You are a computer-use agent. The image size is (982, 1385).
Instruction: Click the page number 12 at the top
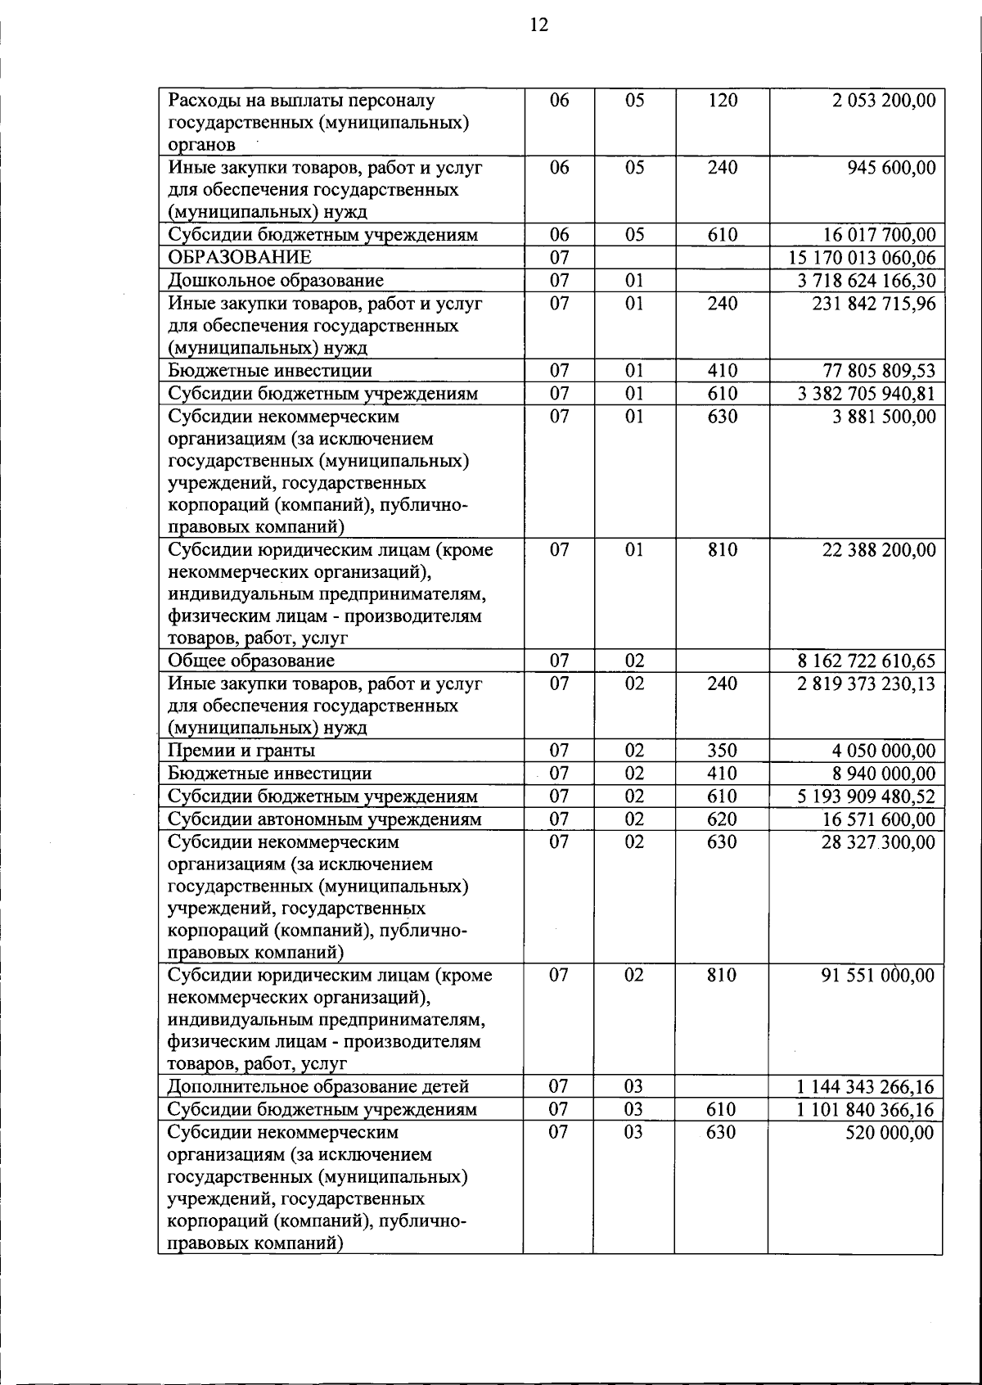pyautogui.click(x=539, y=25)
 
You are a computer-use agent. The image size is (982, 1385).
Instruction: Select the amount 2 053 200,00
pyautogui.click(x=884, y=101)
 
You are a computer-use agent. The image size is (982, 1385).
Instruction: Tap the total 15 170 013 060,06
pyautogui.click(x=862, y=258)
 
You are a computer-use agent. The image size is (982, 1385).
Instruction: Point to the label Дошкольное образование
pyautogui.click(x=276, y=281)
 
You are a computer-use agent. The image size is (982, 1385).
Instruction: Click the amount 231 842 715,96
pyautogui.click(x=873, y=304)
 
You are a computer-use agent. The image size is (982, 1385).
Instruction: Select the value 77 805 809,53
pyautogui.click(x=878, y=371)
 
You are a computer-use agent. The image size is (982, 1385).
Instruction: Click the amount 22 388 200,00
pyautogui.click(x=878, y=550)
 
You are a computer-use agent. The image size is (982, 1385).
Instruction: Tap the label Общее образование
pyautogui.click(x=251, y=661)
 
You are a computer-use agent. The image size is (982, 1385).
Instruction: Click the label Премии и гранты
pyautogui.click(x=241, y=751)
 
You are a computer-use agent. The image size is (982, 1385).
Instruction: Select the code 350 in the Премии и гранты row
pyautogui.click(x=722, y=751)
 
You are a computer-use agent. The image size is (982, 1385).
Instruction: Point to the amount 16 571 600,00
pyautogui.click(x=878, y=819)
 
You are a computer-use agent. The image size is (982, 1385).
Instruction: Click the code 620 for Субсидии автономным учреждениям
pyautogui.click(x=722, y=819)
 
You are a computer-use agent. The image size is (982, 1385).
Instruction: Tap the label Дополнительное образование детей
pyautogui.click(x=318, y=1087)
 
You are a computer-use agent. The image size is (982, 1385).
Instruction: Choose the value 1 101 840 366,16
pyautogui.click(x=865, y=1110)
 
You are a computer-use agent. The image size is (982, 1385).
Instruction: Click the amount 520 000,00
pyautogui.click(x=889, y=1133)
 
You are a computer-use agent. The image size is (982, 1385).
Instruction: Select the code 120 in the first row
pyautogui.click(x=722, y=101)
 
